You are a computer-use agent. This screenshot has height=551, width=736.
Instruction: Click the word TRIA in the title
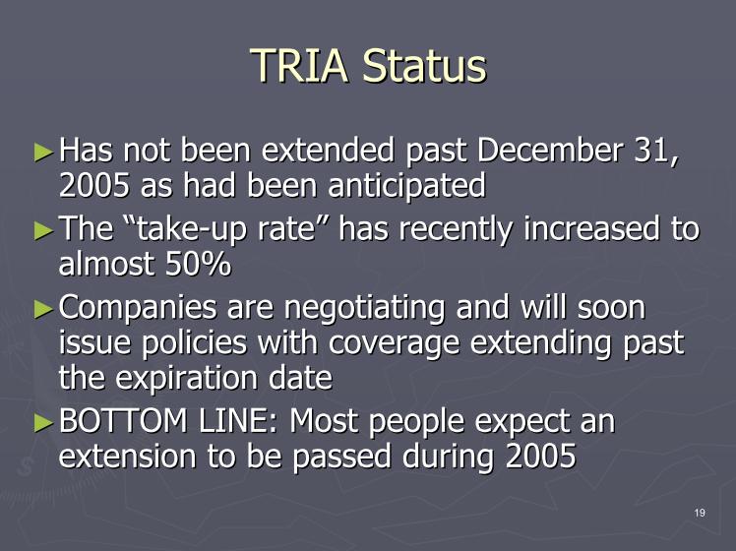click(x=300, y=66)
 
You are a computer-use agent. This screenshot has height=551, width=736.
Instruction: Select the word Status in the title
click(x=425, y=66)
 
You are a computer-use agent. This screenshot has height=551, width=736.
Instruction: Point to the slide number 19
click(x=700, y=513)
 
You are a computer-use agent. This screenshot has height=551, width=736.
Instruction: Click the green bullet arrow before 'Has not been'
click(x=44, y=153)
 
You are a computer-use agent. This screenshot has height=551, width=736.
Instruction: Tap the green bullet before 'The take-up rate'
click(x=44, y=230)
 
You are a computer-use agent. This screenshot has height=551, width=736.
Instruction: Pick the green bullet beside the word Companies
click(x=44, y=309)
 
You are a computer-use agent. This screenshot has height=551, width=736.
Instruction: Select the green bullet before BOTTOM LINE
click(x=44, y=422)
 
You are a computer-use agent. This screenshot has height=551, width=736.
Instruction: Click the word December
click(x=550, y=151)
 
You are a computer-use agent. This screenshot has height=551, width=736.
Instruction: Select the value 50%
click(x=198, y=264)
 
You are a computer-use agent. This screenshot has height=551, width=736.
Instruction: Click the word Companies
click(x=138, y=309)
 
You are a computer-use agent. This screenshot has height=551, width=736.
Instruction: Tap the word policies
click(x=194, y=343)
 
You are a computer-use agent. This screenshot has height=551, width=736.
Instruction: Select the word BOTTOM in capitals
click(x=123, y=421)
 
